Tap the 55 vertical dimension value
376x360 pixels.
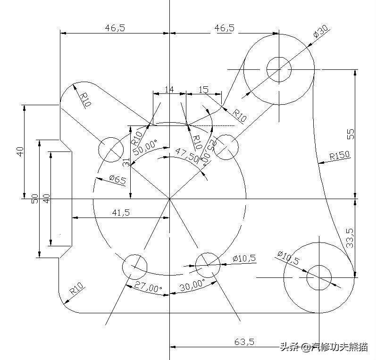click(x=350, y=134)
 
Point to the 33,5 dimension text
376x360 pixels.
click(x=350, y=238)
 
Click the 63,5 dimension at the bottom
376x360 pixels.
click(x=245, y=341)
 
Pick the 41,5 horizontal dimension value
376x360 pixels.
click(x=121, y=212)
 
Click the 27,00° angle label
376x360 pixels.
click(x=148, y=287)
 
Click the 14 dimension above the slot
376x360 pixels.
click(x=169, y=89)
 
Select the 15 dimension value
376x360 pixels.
click(x=203, y=89)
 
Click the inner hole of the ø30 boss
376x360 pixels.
click(x=279, y=69)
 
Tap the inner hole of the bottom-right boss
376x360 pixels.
click(x=319, y=277)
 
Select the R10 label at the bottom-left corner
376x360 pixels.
click(x=76, y=289)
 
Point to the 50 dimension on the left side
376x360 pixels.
click(x=34, y=198)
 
